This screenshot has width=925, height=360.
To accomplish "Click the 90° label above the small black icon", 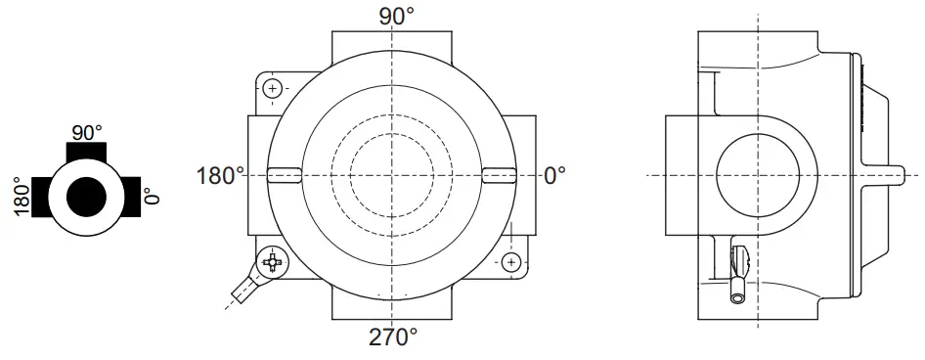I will [88, 131].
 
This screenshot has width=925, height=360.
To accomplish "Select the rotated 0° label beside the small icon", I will [151, 197].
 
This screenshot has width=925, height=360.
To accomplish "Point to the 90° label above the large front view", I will [391, 16].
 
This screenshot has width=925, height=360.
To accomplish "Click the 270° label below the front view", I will [393, 337].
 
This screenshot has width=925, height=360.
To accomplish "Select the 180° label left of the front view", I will [221, 176].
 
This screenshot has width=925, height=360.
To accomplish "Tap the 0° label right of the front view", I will [554, 176].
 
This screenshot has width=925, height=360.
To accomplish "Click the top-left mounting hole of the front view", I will [273, 89].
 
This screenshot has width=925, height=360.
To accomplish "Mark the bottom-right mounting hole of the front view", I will [510, 261].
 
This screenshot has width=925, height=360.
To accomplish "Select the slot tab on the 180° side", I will [283, 175].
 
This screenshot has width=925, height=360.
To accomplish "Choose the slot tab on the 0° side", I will [499, 175].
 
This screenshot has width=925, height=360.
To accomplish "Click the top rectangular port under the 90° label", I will [391, 44].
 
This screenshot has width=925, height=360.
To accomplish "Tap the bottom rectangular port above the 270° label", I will [391, 307].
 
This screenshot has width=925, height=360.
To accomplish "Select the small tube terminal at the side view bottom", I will [739, 288].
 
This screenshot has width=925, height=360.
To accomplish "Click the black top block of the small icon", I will [87, 151].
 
